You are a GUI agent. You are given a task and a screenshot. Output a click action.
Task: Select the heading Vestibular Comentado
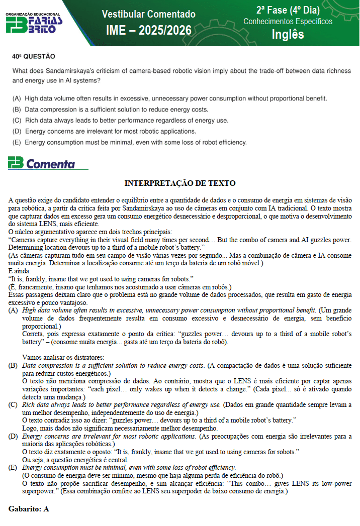[x=148, y=14]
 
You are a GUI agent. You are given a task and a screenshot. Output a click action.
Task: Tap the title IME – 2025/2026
[x=148, y=31]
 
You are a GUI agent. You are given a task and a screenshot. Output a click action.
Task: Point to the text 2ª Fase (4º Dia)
[x=288, y=10]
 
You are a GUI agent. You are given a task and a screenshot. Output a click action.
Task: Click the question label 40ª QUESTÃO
[x=34, y=57]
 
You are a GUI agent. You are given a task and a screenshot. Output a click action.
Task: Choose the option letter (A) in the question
[x=17, y=98]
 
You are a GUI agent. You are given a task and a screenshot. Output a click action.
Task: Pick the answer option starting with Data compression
[x=116, y=110]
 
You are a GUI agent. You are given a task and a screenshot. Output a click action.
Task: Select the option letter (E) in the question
[x=17, y=142]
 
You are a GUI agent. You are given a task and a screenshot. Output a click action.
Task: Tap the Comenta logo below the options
[x=42, y=163]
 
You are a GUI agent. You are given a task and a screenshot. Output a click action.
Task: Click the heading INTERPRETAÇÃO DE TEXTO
[x=179, y=183]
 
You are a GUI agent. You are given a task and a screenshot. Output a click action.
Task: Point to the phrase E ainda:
[x=20, y=271]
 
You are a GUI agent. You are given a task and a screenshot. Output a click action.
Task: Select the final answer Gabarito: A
[x=29, y=509]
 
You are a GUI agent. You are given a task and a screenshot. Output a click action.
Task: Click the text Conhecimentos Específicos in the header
[x=288, y=22]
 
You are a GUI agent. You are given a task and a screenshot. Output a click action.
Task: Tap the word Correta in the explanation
[x=35, y=334]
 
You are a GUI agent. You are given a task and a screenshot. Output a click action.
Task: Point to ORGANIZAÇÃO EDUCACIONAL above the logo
[x=33, y=14]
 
